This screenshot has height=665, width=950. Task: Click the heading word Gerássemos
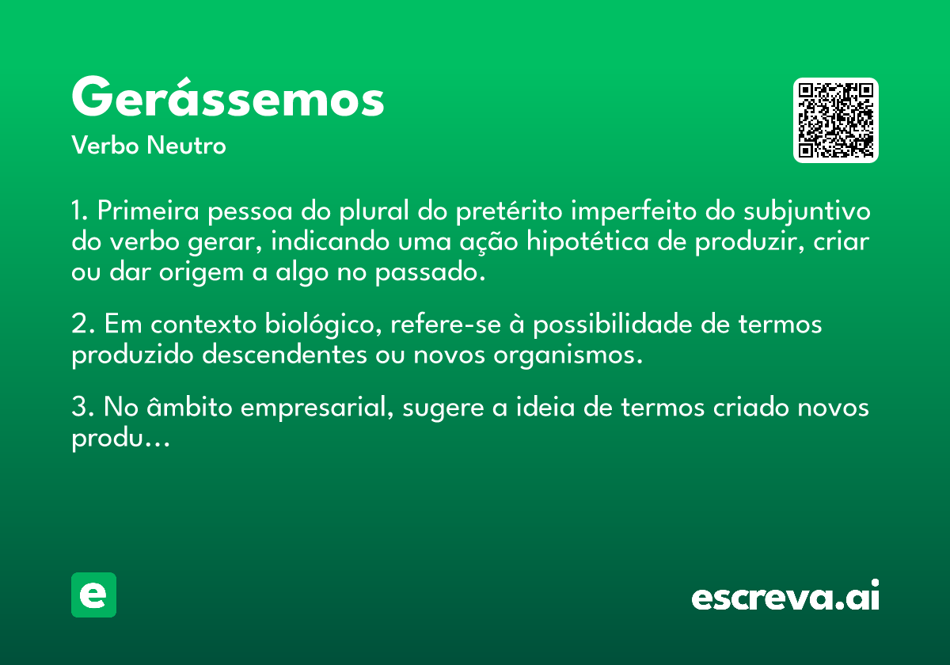click(228, 97)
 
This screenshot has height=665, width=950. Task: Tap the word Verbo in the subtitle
click(105, 146)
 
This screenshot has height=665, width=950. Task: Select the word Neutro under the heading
click(186, 146)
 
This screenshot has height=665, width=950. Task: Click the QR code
click(835, 120)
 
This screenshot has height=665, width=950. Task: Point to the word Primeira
click(148, 211)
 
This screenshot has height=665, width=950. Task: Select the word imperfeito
click(633, 211)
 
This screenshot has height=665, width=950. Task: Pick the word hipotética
click(587, 242)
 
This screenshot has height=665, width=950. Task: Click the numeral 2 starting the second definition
click(80, 325)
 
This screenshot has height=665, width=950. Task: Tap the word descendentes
click(284, 355)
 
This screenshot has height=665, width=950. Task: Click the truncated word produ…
click(120, 439)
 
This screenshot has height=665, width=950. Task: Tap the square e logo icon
click(93, 595)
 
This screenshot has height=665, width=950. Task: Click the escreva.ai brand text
click(785, 595)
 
